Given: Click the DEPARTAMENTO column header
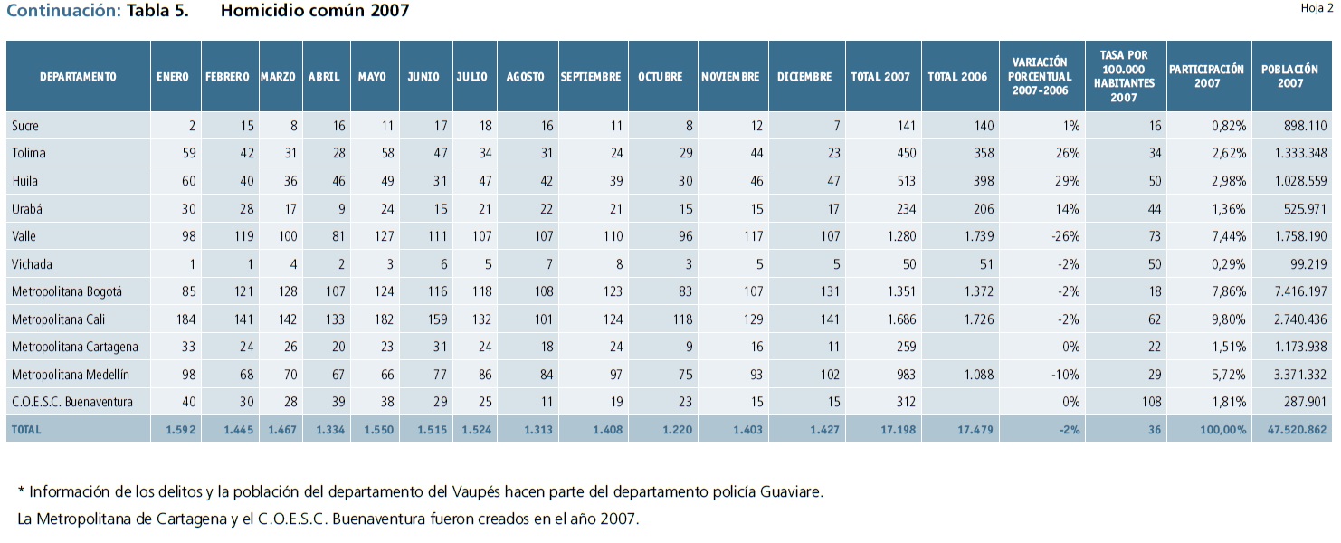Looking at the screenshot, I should tap(78, 77).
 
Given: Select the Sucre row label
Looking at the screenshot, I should tap(25, 126).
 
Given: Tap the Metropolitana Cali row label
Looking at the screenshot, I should tap(62, 319).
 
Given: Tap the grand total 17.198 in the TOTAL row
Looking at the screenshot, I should tap(898, 430).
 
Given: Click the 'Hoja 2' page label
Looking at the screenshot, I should tap(1317, 8).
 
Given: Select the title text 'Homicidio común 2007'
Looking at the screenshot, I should tap(314, 11).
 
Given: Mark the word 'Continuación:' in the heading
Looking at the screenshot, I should tap(63, 11).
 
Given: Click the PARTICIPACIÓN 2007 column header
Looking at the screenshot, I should tap(1207, 76).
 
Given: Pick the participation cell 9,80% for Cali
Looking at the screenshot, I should tap(1228, 319).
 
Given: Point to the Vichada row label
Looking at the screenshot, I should tap(33, 264).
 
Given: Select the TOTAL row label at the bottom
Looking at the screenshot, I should tap(26, 430).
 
